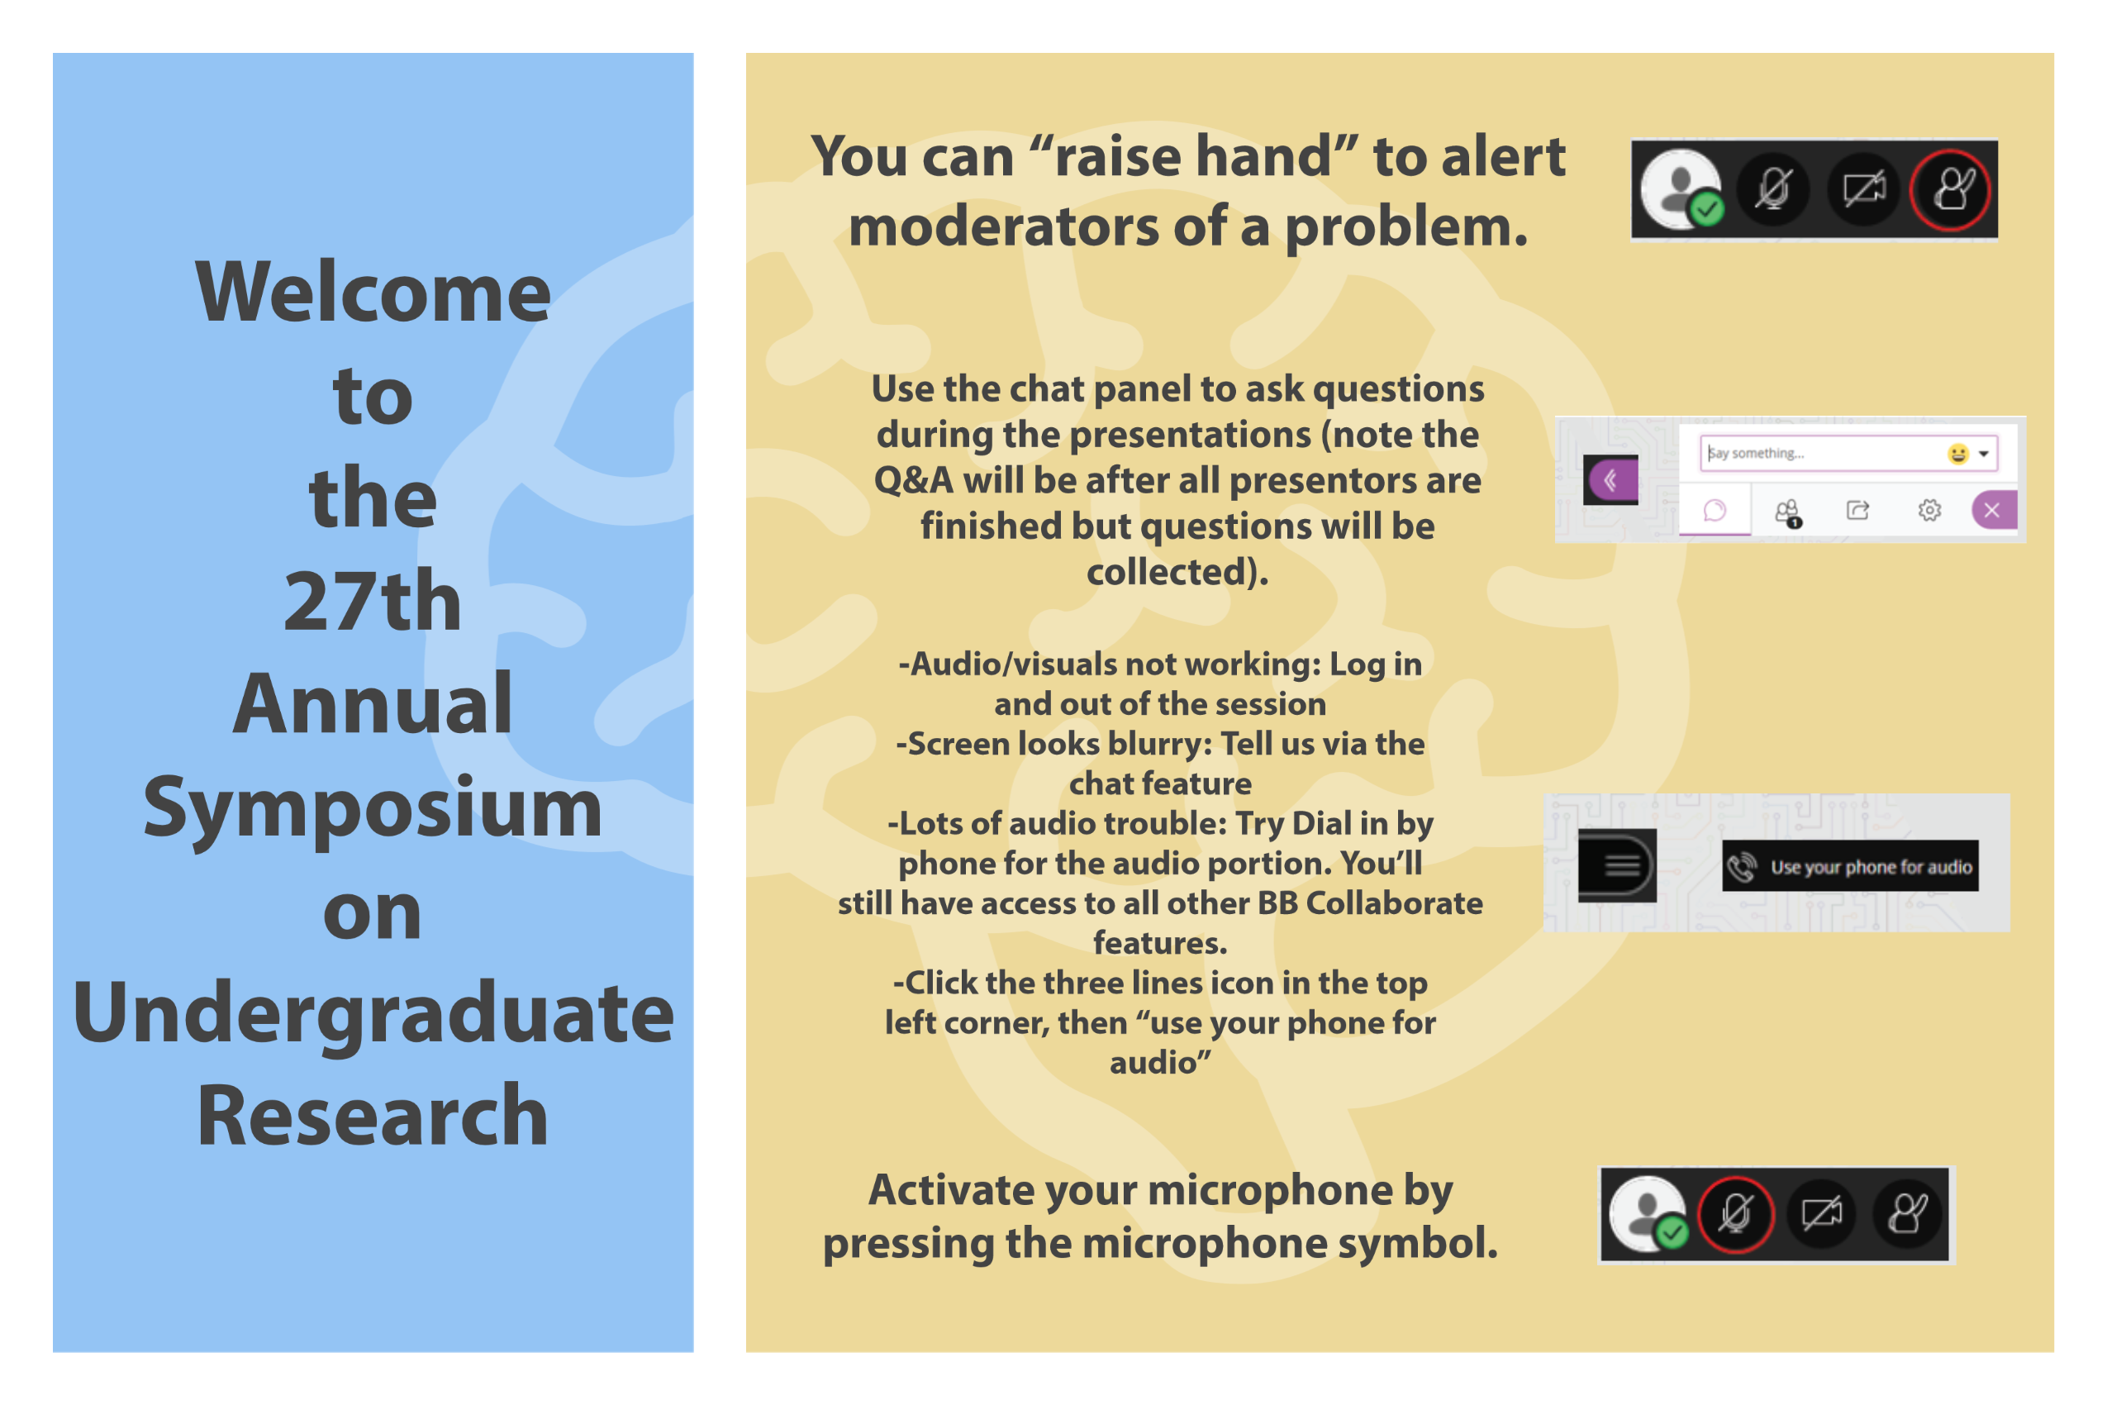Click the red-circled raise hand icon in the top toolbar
1951,190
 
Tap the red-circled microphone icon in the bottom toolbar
1736,1214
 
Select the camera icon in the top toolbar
1863,189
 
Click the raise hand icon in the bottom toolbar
1907,1214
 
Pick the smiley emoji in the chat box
1957,454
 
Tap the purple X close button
1993,510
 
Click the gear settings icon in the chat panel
1929,510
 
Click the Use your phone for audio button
1850,866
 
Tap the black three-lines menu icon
1618,865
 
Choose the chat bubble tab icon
1715,510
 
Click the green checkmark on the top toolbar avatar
1706,210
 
